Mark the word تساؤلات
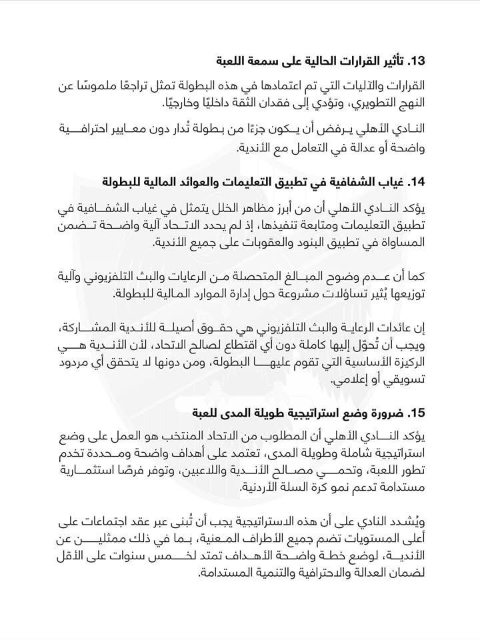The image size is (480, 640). [313, 294]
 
